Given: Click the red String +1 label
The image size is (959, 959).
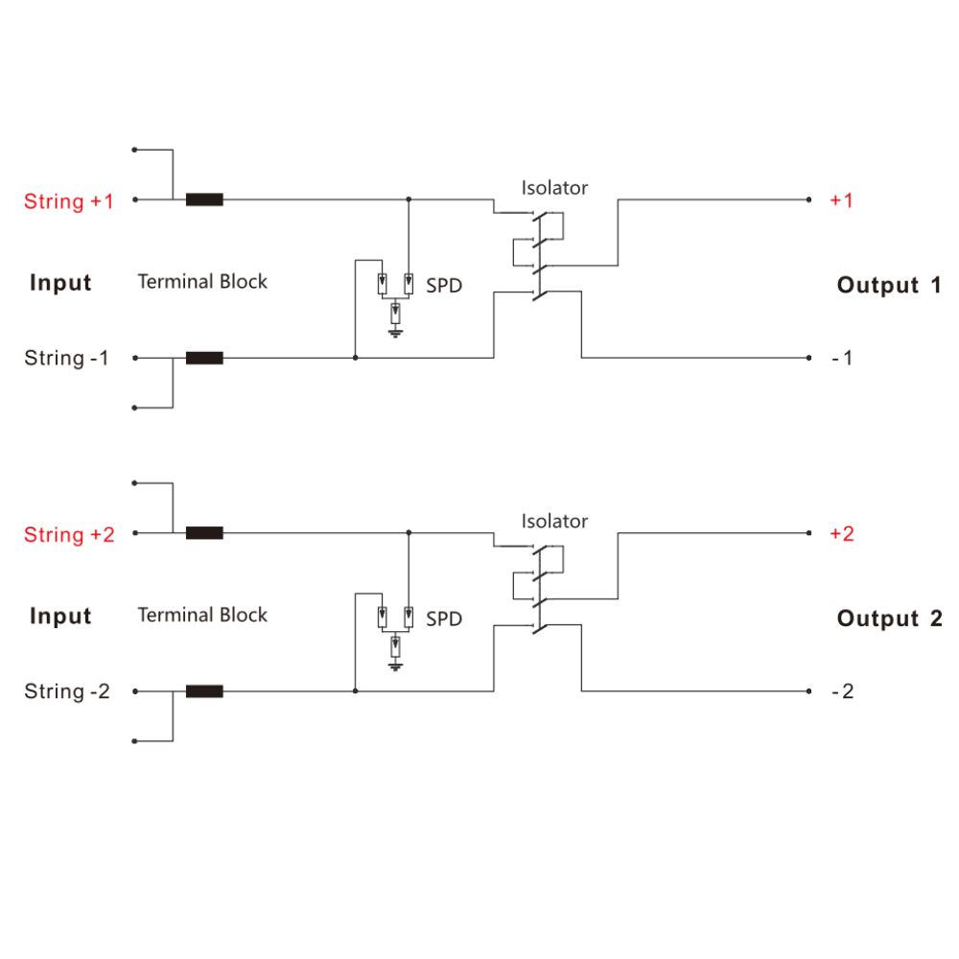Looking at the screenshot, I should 68,201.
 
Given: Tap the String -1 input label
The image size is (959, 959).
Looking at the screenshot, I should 66,359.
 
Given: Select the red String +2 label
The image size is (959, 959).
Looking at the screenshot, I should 69,535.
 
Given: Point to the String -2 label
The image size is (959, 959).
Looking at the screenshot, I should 67,691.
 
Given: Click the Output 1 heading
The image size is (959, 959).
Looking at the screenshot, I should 889,285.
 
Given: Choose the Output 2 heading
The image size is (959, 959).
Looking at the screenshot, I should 889,619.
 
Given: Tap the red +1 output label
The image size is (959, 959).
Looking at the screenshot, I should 841,200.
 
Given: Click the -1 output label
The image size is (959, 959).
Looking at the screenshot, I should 841,359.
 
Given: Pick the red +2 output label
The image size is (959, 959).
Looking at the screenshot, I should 841,534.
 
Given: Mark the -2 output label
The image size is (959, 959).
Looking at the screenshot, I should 841,691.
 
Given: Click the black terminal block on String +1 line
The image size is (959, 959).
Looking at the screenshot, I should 204,200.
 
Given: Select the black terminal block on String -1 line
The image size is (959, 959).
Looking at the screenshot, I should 204,358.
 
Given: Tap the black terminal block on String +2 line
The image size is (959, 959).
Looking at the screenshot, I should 204,533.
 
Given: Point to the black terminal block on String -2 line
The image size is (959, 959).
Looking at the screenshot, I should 204,690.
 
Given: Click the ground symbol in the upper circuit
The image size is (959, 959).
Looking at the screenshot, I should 395,333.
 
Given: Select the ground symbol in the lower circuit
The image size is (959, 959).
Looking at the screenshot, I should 395,666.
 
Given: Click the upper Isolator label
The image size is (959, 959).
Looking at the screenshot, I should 554,188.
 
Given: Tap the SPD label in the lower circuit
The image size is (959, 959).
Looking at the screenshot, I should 443,620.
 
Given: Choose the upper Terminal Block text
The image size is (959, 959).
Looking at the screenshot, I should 202,282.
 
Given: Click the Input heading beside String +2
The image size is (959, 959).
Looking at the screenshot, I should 60,617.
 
